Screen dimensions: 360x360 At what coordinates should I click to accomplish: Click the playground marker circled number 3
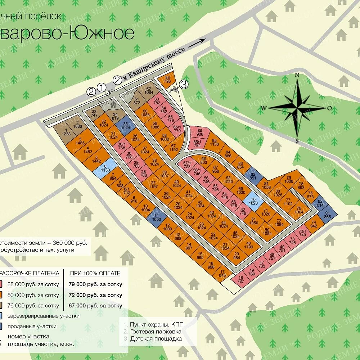pos(184,85)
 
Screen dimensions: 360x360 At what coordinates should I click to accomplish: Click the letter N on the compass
pos(297,75)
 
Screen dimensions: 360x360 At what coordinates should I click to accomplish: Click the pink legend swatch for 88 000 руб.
pos(1,284)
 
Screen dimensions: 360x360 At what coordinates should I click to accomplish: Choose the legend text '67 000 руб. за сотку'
pos(95,306)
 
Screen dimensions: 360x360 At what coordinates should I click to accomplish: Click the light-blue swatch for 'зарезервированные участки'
pos(1,316)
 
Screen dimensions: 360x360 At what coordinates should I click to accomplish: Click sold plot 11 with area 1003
pos(156,217)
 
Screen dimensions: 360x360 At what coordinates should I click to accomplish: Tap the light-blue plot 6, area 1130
pos(105,168)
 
